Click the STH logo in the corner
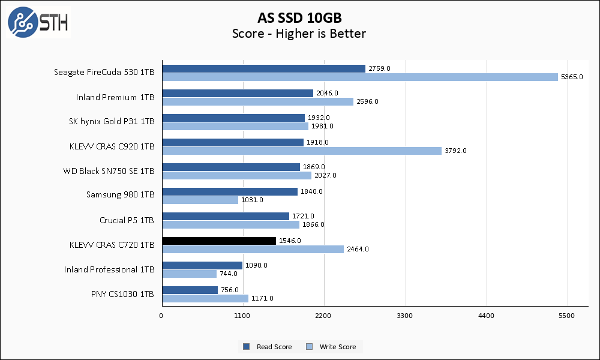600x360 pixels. pyautogui.click(x=38, y=23)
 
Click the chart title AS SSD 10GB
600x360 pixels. pyautogui.click(x=299, y=17)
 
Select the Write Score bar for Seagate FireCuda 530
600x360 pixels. pyautogui.click(x=359, y=77)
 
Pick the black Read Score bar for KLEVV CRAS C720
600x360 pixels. pyautogui.click(x=219, y=241)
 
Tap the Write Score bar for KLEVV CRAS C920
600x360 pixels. pyautogui.click(x=301, y=151)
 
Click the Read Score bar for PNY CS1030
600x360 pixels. pyautogui.click(x=190, y=290)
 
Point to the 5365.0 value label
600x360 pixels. pyautogui.click(x=571, y=77)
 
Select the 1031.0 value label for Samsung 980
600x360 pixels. pyautogui.click(x=252, y=200)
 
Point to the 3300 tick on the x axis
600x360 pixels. pyautogui.click(x=405, y=315)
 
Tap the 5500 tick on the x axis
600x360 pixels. pyautogui.click(x=567, y=315)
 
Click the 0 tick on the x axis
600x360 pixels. pyautogui.click(x=161, y=315)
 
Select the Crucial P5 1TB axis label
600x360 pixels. pyautogui.click(x=127, y=220)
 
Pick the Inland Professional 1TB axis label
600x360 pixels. pyautogui.click(x=109, y=269)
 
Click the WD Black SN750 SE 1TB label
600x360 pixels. pyautogui.click(x=109, y=171)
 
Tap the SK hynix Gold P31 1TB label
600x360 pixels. pyautogui.click(x=112, y=122)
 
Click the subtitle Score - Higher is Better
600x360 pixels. pyautogui.click(x=299, y=34)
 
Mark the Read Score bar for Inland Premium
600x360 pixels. pyautogui.click(x=238, y=93)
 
